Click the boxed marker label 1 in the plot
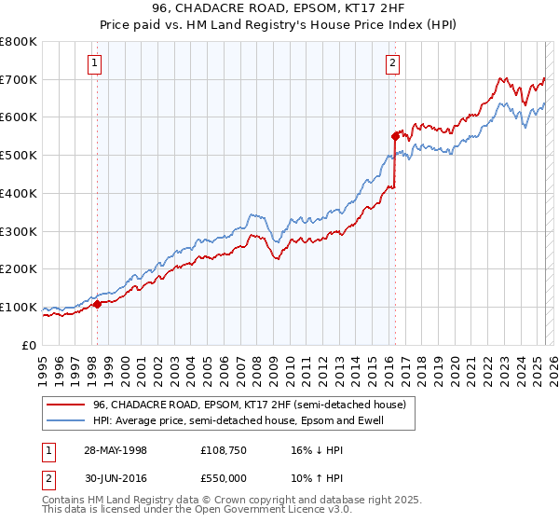point(96,63)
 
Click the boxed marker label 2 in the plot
point(392,63)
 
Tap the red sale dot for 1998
point(97,303)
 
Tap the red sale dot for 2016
point(395,135)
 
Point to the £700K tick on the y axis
point(19,79)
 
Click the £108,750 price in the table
point(225,450)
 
